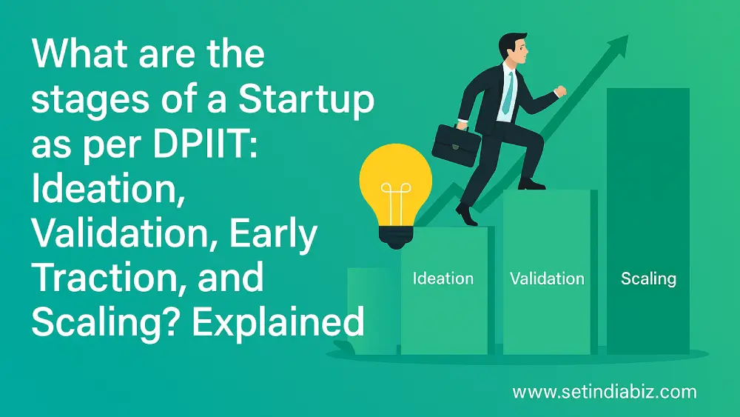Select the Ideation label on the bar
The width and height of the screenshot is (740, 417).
click(x=443, y=278)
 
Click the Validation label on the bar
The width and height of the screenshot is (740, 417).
click(x=547, y=278)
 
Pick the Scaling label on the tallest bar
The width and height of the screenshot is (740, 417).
click(x=648, y=278)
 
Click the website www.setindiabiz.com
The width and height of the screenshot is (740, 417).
click(x=604, y=391)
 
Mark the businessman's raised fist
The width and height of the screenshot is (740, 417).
click(x=560, y=91)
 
